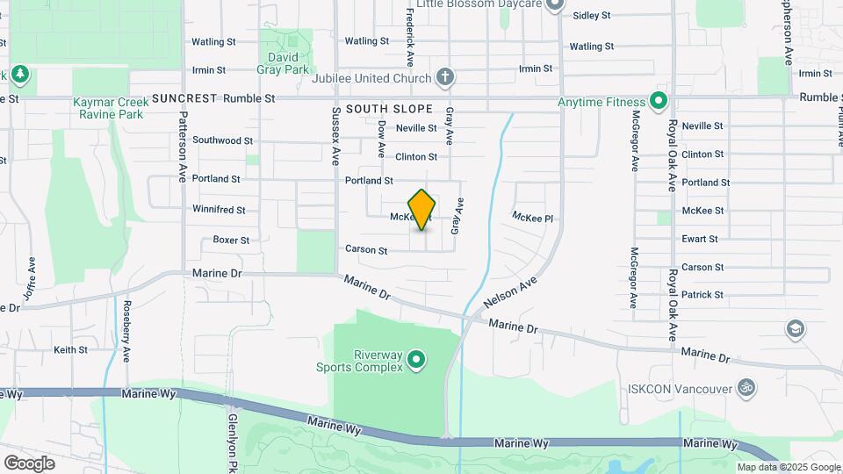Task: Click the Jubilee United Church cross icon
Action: (x=445, y=78)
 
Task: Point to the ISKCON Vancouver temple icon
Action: (x=747, y=387)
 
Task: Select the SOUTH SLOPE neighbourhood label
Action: (x=389, y=109)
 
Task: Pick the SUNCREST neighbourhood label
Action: (x=184, y=98)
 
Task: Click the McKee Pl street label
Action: (x=533, y=216)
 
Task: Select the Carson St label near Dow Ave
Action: (x=366, y=250)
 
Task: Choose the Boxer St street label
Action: (x=231, y=240)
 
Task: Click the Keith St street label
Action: (x=70, y=349)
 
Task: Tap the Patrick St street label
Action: (x=702, y=295)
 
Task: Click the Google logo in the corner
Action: (x=30, y=463)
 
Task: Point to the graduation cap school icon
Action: (x=795, y=328)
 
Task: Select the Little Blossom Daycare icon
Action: (x=554, y=5)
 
